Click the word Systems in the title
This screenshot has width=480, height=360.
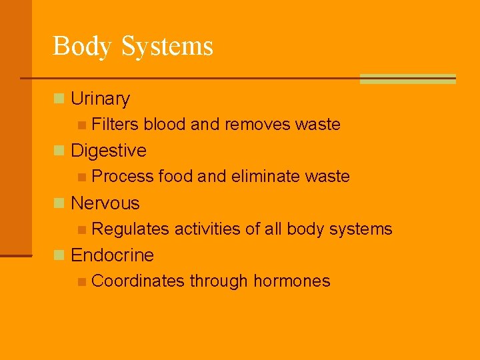(x=167, y=46)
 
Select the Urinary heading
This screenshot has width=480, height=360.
(x=100, y=99)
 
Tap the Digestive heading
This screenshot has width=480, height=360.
(x=108, y=151)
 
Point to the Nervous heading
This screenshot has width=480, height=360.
(x=105, y=203)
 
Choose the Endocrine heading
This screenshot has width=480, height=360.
(x=112, y=255)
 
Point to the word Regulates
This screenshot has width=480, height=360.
(x=131, y=229)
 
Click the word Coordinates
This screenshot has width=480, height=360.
(x=138, y=281)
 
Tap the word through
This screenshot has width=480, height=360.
(x=219, y=281)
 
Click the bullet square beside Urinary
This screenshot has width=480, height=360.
(x=59, y=99)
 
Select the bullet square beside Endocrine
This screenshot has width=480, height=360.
(x=59, y=255)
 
